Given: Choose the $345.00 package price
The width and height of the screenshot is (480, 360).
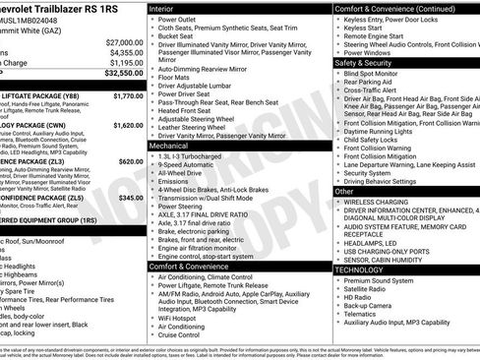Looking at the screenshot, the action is click(x=131, y=198).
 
